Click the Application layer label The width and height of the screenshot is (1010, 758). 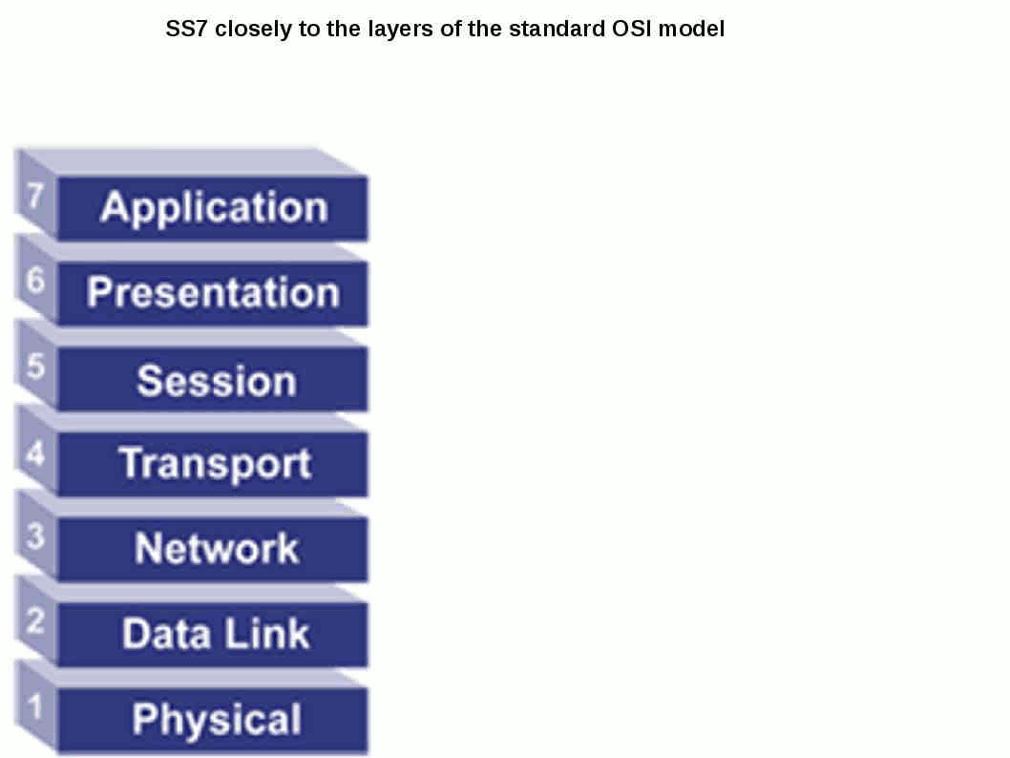coord(215,207)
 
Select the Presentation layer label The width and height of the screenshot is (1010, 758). coord(213,292)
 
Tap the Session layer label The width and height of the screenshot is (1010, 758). coord(217,380)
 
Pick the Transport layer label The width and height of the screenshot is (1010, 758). coord(216,464)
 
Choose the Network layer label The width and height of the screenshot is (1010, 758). coord(217,548)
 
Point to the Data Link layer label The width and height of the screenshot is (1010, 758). coord(216,633)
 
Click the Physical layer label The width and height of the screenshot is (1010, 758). coord(217,719)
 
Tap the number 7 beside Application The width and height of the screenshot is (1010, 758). coord(34,195)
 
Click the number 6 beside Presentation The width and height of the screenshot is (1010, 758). coord(35,280)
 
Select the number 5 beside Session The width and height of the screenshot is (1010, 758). coord(35,366)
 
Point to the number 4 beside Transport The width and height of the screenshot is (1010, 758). coord(35,453)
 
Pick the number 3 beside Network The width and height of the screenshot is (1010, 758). coord(35,537)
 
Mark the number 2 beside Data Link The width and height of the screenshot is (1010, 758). coord(35,621)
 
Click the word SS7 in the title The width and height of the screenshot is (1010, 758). coord(186,29)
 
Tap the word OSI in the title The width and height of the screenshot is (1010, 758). coord(632,29)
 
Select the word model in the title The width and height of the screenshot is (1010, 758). coord(691,29)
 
